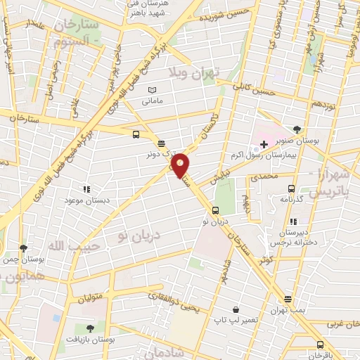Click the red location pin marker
(181, 165)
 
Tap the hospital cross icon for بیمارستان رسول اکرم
(264, 144)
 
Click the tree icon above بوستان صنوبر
(297, 129)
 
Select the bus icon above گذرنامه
(292, 188)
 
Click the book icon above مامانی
(152, 91)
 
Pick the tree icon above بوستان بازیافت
(89, 328)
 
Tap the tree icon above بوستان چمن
(24, 247)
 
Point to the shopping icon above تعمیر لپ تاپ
(235, 308)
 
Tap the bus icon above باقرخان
(321, 345)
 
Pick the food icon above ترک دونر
(162, 141)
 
